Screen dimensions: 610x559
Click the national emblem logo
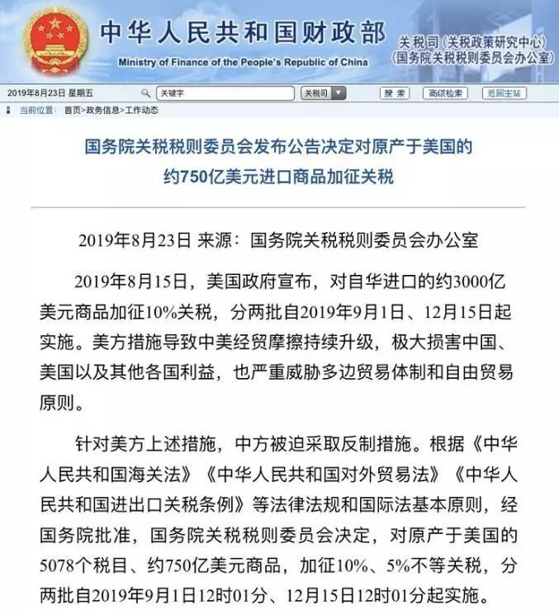point(55,41)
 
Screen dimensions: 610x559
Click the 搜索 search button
point(396,93)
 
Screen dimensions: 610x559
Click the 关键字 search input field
point(224,93)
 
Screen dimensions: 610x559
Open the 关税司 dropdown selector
point(323,93)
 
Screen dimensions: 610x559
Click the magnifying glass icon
point(146,93)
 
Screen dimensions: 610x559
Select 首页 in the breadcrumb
point(73,110)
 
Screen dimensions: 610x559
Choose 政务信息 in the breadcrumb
point(103,110)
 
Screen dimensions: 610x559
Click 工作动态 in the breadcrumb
point(141,110)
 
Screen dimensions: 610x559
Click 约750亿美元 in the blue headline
point(207,177)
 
